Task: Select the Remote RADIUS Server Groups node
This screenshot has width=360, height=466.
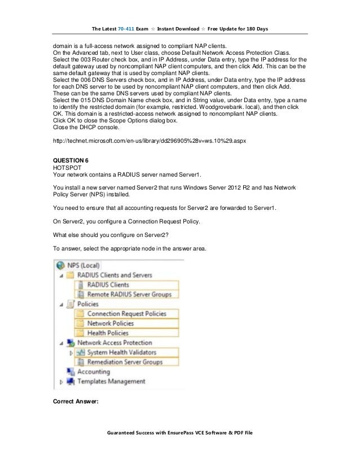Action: point(129,294)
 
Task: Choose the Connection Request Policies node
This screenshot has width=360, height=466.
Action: point(126,314)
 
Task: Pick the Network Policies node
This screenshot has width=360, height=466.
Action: point(111,323)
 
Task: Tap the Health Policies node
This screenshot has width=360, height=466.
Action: point(108,333)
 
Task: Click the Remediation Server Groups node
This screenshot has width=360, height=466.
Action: point(125,362)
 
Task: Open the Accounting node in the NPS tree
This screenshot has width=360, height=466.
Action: point(93,372)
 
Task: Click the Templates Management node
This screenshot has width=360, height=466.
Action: point(111,381)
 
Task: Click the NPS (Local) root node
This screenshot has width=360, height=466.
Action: point(84,265)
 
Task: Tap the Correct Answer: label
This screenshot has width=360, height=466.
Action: point(76,402)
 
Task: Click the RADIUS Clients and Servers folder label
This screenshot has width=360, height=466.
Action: point(115,275)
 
